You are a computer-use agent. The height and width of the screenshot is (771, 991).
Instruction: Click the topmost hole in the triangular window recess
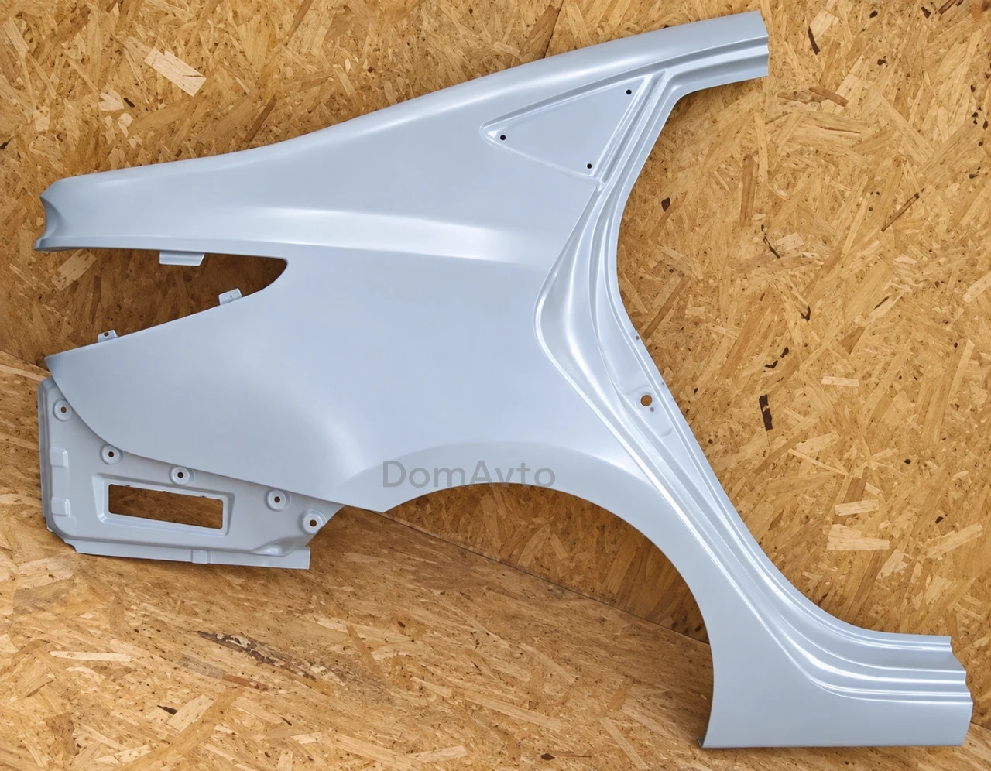click(x=629, y=92)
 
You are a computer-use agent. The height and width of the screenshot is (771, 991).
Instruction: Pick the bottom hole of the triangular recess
click(x=589, y=166)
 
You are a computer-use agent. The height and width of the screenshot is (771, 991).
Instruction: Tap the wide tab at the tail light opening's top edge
click(x=181, y=259)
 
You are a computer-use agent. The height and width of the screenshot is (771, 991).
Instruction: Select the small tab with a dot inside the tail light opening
click(x=230, y=296)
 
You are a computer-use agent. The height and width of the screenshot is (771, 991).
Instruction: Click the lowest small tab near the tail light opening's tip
click(x=108, y=335)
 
